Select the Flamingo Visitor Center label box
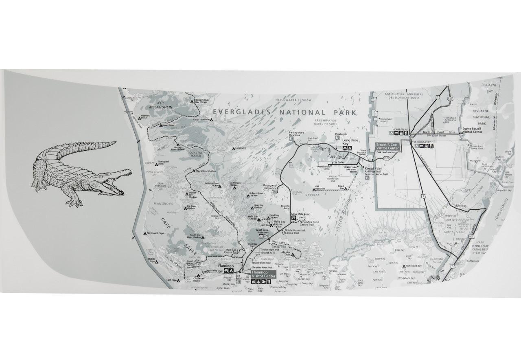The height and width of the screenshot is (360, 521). pos(263,274)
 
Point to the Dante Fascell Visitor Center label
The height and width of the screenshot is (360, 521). pos(472,130)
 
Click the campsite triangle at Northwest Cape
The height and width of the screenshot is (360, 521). pos(145,233)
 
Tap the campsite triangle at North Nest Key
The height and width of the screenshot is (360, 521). pos(403,266)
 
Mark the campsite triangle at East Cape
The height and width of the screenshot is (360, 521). pos(178,280)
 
